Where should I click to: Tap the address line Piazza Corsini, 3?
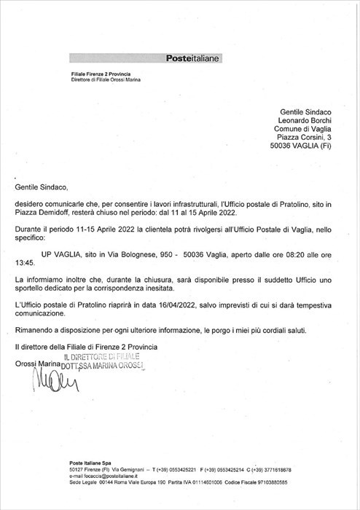(304, 136)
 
